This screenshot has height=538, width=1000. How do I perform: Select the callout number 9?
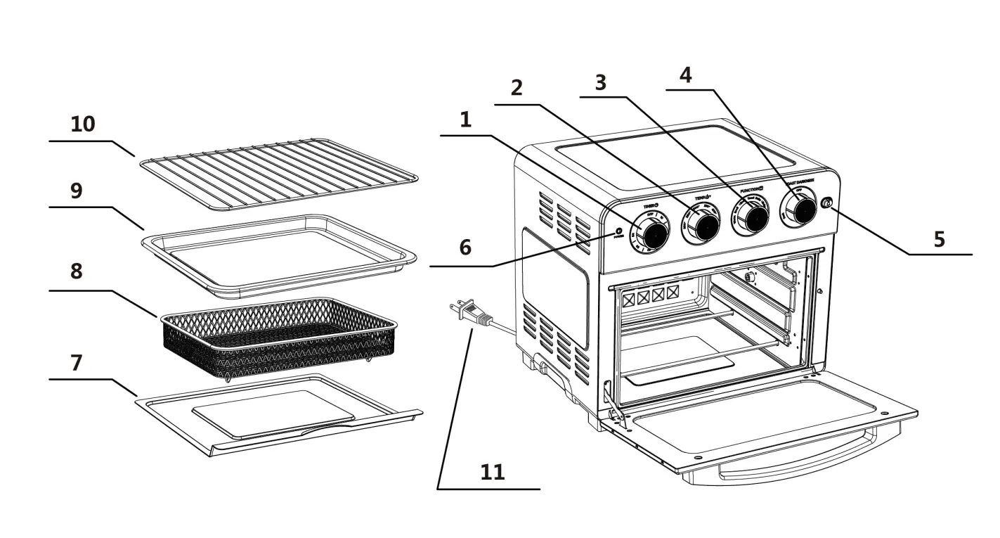pyautogui.click(x=76, y=191)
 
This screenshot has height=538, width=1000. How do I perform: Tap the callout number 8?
pyautogui.click(x=76, y=271)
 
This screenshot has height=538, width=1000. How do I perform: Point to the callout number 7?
pyautogui.click(x=76, y=363)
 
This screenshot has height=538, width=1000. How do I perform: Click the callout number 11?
pyautogui.click(x=493, y=471)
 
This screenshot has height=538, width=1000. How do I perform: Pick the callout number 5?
pyautogui.click(x=939, y=239)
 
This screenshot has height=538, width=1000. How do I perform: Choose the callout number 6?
pyautogui.click(x=465, y=248)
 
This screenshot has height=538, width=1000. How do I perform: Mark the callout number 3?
pyautogui.click(x=599, y=83)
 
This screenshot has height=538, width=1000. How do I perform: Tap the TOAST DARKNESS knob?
pyautogui.click(x=799, y=208)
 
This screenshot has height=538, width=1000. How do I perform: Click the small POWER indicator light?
pyautogui.click(x=619, y=231)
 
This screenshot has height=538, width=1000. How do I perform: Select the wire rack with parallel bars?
pyautogui.click(x=278, y=174)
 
